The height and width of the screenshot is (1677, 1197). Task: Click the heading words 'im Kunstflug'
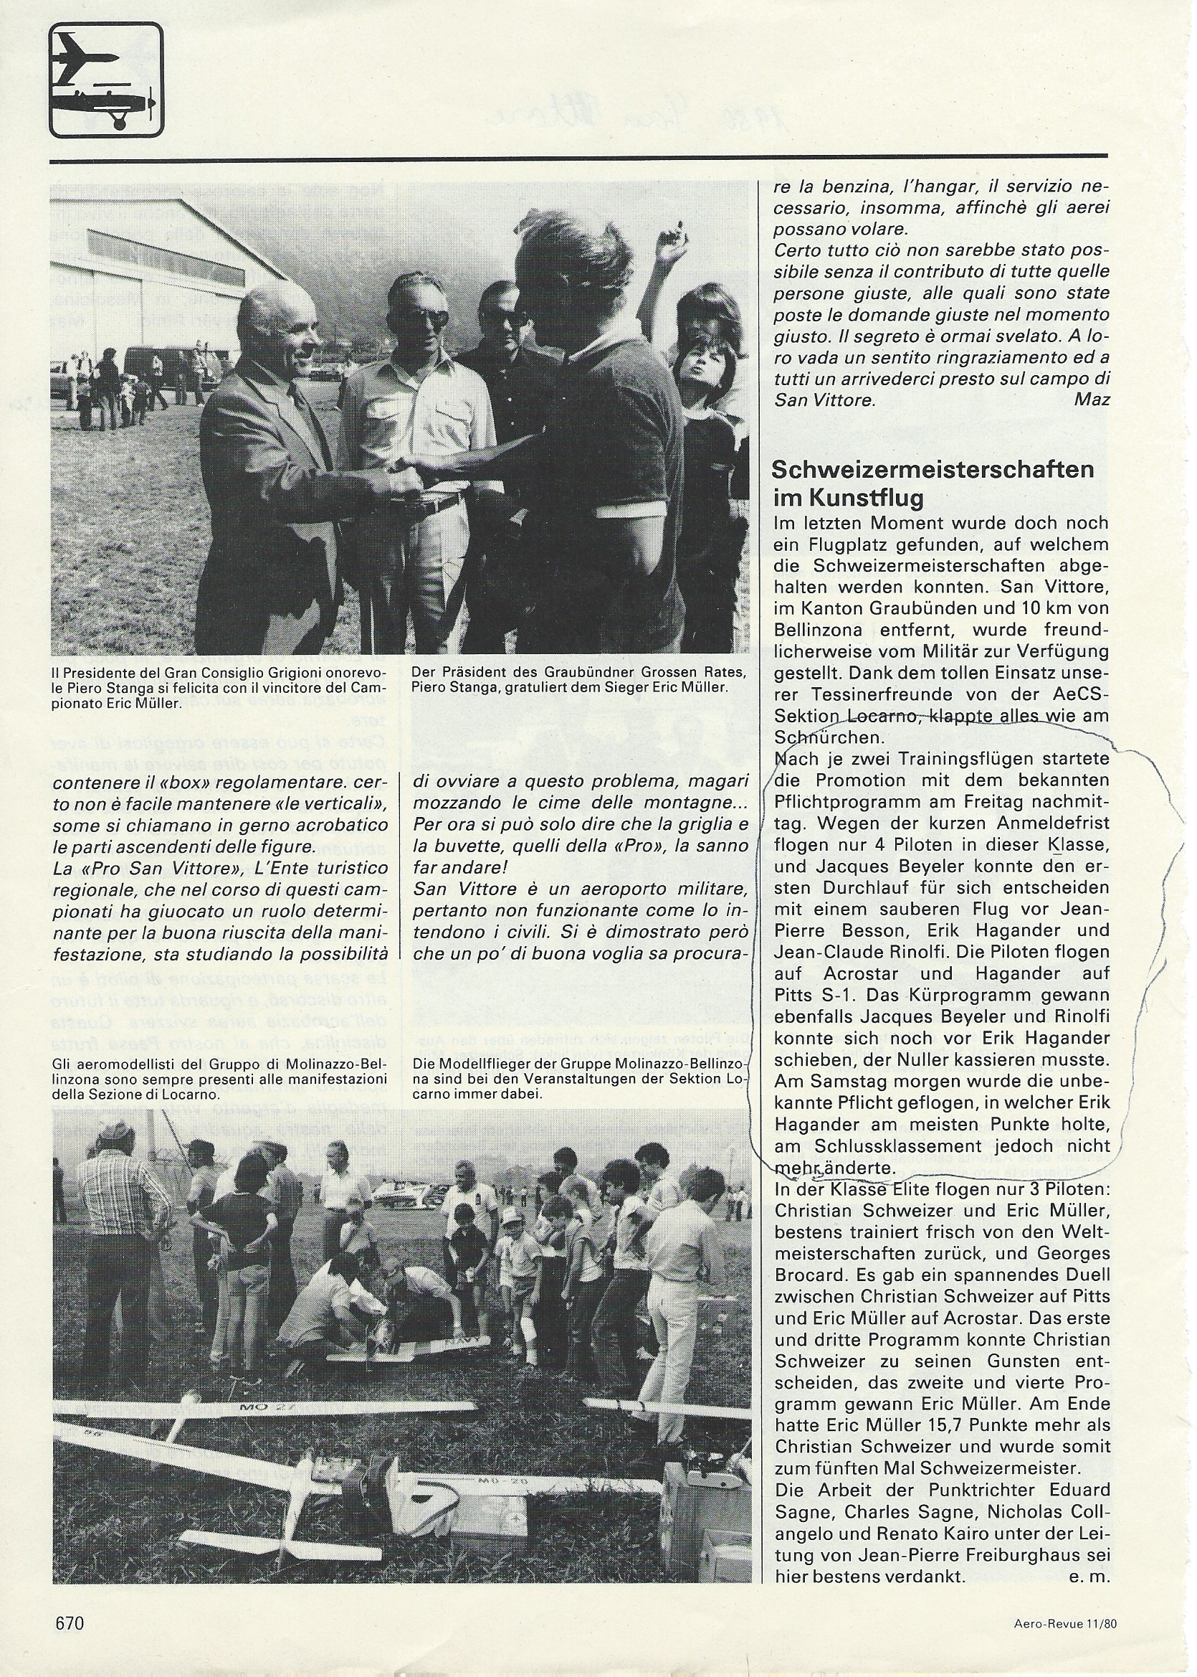click(848, 499)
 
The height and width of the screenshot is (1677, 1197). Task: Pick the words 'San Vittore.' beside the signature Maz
click(825, 400)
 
